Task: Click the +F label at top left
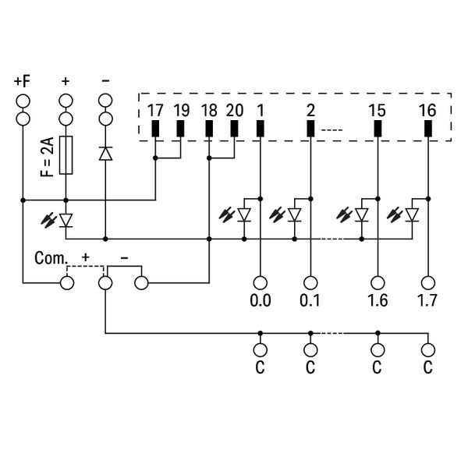coord(22,80)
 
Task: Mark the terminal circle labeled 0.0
coord(260,282)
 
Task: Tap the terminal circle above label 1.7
coord(427,282)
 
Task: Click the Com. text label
coord(50,257)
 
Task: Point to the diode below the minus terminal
coord(105,154)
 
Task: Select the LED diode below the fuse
coord(66,221)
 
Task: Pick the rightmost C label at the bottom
coord(427,367)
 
